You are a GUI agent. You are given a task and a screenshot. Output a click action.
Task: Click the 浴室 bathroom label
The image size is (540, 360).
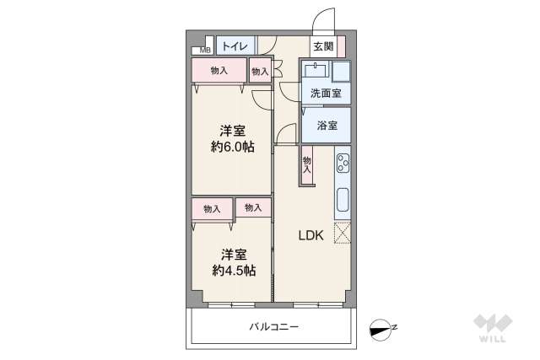coord(327,126)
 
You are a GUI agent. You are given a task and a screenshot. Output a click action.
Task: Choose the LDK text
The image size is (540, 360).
coord(310,235)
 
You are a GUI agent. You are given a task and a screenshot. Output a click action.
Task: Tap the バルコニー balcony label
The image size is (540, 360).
coord(273,326)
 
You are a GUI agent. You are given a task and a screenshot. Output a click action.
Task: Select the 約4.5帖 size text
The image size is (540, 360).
coord(232,270)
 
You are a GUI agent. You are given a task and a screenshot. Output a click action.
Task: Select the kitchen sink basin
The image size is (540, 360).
coord(343,201)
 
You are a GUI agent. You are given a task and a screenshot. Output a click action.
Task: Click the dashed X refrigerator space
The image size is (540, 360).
coord(343,233)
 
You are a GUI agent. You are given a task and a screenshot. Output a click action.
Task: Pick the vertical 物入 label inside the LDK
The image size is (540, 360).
coord(307,164)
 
